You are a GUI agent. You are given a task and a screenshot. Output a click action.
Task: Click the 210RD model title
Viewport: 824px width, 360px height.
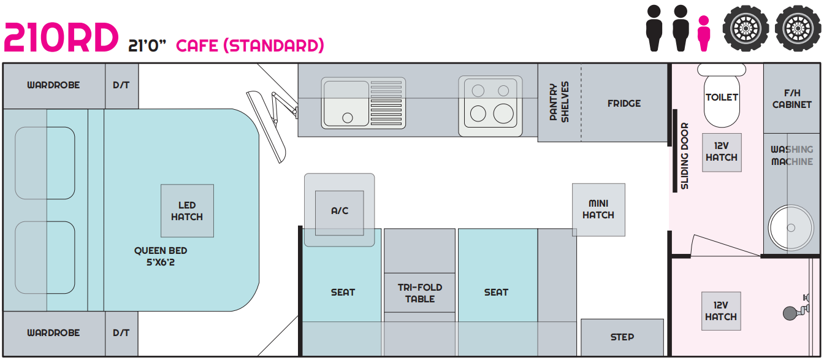[x=61, y=37]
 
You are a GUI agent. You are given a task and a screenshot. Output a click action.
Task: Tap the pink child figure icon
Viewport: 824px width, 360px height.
[x=704, y=33]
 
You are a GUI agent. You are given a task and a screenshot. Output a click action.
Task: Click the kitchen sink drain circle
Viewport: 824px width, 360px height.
[x=347, y=118]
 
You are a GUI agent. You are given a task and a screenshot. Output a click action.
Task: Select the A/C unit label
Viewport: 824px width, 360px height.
[x=340, y=211]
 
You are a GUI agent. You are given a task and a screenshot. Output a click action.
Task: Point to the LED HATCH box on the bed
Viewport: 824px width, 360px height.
[x=187, y=210]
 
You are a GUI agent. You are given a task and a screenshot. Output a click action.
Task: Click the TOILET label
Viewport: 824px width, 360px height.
[x=722, y=97]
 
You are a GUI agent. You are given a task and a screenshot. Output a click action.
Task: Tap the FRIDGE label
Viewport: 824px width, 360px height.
[x=624, y=104]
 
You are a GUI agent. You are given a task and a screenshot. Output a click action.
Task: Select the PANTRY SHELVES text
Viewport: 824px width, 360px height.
[x=559, y=102]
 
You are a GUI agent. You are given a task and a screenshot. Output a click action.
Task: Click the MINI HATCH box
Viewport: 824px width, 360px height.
[x=598, y=210]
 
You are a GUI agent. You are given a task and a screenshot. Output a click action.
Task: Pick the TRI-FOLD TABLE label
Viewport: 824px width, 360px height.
[x=420, y=293]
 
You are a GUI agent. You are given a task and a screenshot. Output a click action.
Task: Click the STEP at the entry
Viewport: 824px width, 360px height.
[x=622, y=337]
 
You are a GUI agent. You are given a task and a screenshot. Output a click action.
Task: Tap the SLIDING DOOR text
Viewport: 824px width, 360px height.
[x=684, y=156]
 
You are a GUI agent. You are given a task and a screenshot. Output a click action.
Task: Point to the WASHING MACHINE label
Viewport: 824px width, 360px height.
[x=792, y=155]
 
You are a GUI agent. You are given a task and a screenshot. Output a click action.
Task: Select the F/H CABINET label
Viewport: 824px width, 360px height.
[x=792, y=99]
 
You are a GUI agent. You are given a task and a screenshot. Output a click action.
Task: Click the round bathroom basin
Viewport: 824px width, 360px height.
[x=791, y=228]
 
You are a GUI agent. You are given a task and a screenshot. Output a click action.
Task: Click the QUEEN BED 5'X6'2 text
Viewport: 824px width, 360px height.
[x=161, y=256]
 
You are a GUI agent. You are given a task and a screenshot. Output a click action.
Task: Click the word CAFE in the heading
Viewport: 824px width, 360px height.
[x=197, y=45]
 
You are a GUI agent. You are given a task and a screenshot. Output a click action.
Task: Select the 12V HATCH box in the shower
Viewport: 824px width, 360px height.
[x=721, y=311]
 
